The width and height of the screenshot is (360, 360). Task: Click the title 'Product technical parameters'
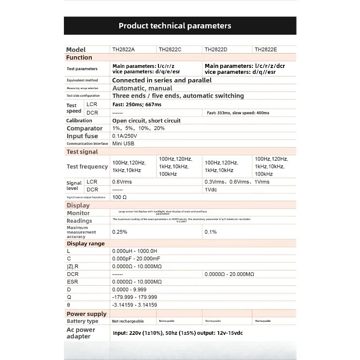pyautogui.click(x=175, y=26)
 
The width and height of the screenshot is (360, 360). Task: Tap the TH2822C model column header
pyautogui.click(x=170, y=49)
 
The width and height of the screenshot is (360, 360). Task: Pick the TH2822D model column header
pyautogui.click(x=216, y=49)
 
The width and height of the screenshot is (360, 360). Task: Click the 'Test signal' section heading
pyautogui.click(x=82, y=152)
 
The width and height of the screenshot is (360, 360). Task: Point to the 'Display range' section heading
pyautogui.click(x=85, y=243)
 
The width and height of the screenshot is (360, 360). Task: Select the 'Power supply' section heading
pyautogui.click(x=86, y=314)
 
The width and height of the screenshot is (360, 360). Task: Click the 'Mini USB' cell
pyautogui.click(x=123, y=144)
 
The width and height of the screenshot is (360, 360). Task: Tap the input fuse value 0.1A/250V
pyautogui.click(x=125, y=136)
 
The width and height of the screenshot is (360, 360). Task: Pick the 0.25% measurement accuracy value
pyautogui.click(x=120, y=232)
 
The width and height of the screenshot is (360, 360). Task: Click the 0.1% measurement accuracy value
pyautogui.click(x=211, y=232)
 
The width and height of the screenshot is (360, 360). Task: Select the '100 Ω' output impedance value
pyautogui.click(x=120, y=197)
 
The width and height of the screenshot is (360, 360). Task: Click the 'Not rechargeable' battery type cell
pyautogui.click(x=128, y=321)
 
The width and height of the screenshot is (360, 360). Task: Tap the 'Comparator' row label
pyautogui.click(x=85, y=128)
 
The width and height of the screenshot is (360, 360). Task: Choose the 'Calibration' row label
pyautogui.click(x=79, y=121)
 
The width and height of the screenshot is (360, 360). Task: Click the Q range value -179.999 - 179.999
pyautogui.click(x=135, y=297)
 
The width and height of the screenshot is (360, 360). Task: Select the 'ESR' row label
pyautogui.click(x=72, y=282)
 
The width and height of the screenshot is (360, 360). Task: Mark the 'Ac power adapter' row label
pyautogui.click(x=81, y=333)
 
